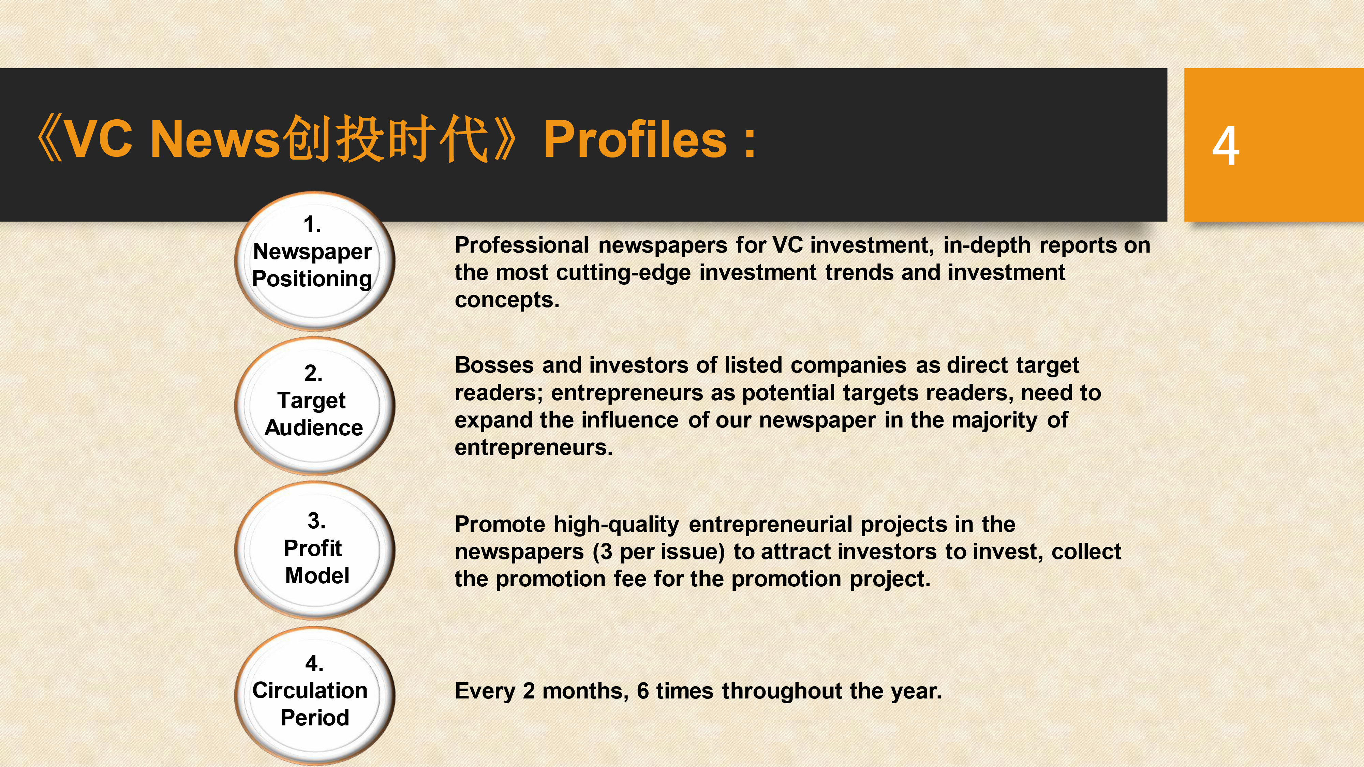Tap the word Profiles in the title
pos(635,139)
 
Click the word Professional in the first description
pos(522,245)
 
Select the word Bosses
pos(494,365)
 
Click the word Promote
pos(500,525)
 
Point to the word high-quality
pos(616,525)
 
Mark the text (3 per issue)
pos(658,552)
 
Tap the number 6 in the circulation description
pos(643,691)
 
